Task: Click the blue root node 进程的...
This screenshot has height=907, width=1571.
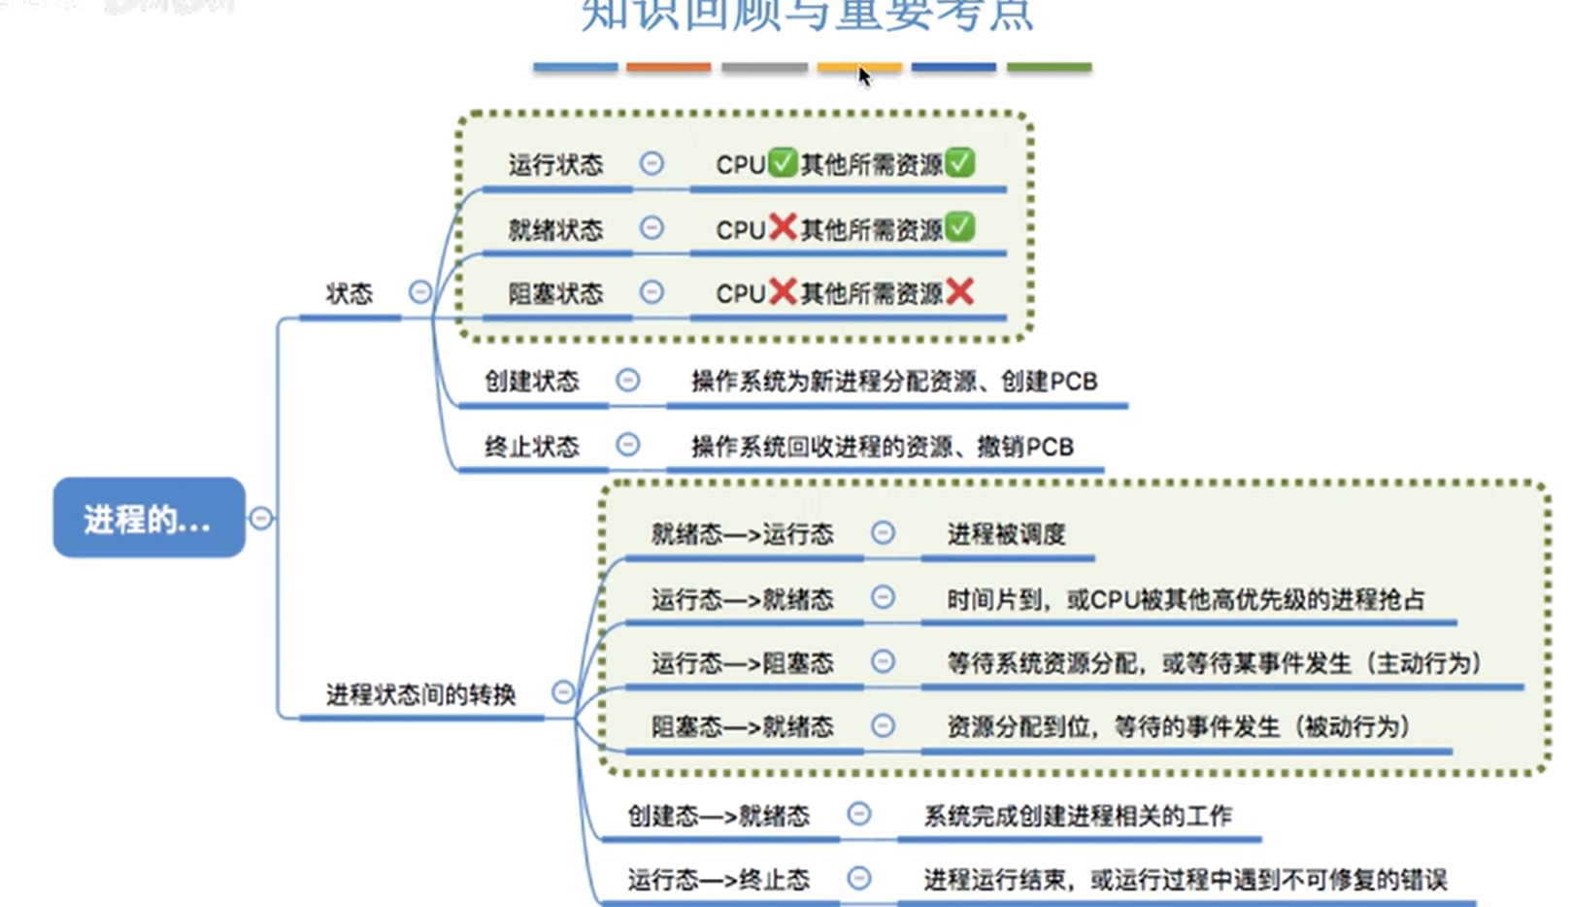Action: point(149,518)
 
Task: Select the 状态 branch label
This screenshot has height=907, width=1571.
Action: point(349,293)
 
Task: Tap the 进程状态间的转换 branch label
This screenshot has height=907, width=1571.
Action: point(420,694)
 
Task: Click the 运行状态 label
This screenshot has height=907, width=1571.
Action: point(555,164)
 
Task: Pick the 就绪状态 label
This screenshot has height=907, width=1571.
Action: point(555,229)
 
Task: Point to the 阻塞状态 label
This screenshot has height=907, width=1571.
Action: point(555,292)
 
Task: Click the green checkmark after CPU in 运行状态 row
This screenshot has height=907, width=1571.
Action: point(783,162)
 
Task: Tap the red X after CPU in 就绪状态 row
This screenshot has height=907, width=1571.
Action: point(783,227)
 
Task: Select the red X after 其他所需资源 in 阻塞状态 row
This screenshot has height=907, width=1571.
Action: point(959,291)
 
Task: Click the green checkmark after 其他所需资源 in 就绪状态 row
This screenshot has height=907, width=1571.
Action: point(959,227)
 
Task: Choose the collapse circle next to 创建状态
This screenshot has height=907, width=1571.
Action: point(628,380)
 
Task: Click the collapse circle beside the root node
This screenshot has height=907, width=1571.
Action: point(261,518)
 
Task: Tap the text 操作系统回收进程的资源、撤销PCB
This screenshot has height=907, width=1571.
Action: point(882,447)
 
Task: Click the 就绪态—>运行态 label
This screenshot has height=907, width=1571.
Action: point(742,534)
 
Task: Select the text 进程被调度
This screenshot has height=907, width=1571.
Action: point(1006,534)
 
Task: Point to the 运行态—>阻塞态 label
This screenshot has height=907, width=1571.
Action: point(742,663)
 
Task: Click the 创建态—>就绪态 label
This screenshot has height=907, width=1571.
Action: point(719,816)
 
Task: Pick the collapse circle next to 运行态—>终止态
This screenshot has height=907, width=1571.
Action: point(859,878)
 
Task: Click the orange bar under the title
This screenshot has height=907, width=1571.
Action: point(668,67)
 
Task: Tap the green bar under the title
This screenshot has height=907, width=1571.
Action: point(1049,67)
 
